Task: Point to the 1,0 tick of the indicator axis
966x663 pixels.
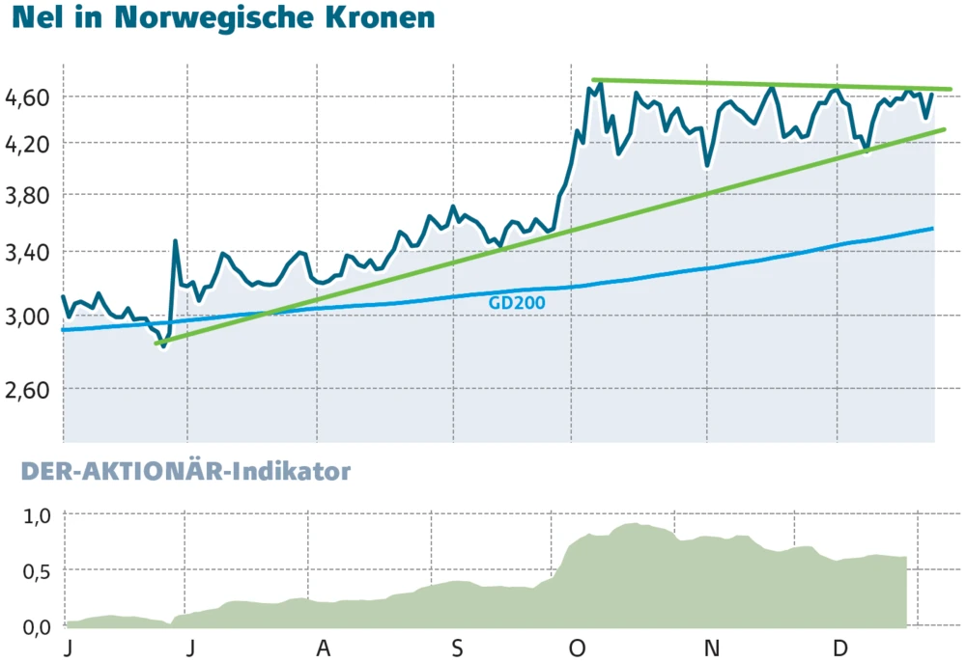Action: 35,515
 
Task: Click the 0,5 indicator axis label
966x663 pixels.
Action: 35,571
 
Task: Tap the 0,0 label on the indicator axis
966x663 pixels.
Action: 35,627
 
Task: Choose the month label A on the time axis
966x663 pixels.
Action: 323,648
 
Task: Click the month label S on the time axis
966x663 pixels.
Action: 457,648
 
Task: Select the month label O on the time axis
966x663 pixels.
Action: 577,648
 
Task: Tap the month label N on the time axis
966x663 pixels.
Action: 712,648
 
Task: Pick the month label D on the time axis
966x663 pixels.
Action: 840,648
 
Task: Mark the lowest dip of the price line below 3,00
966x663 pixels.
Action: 163,345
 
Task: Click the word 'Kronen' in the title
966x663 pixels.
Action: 378,18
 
